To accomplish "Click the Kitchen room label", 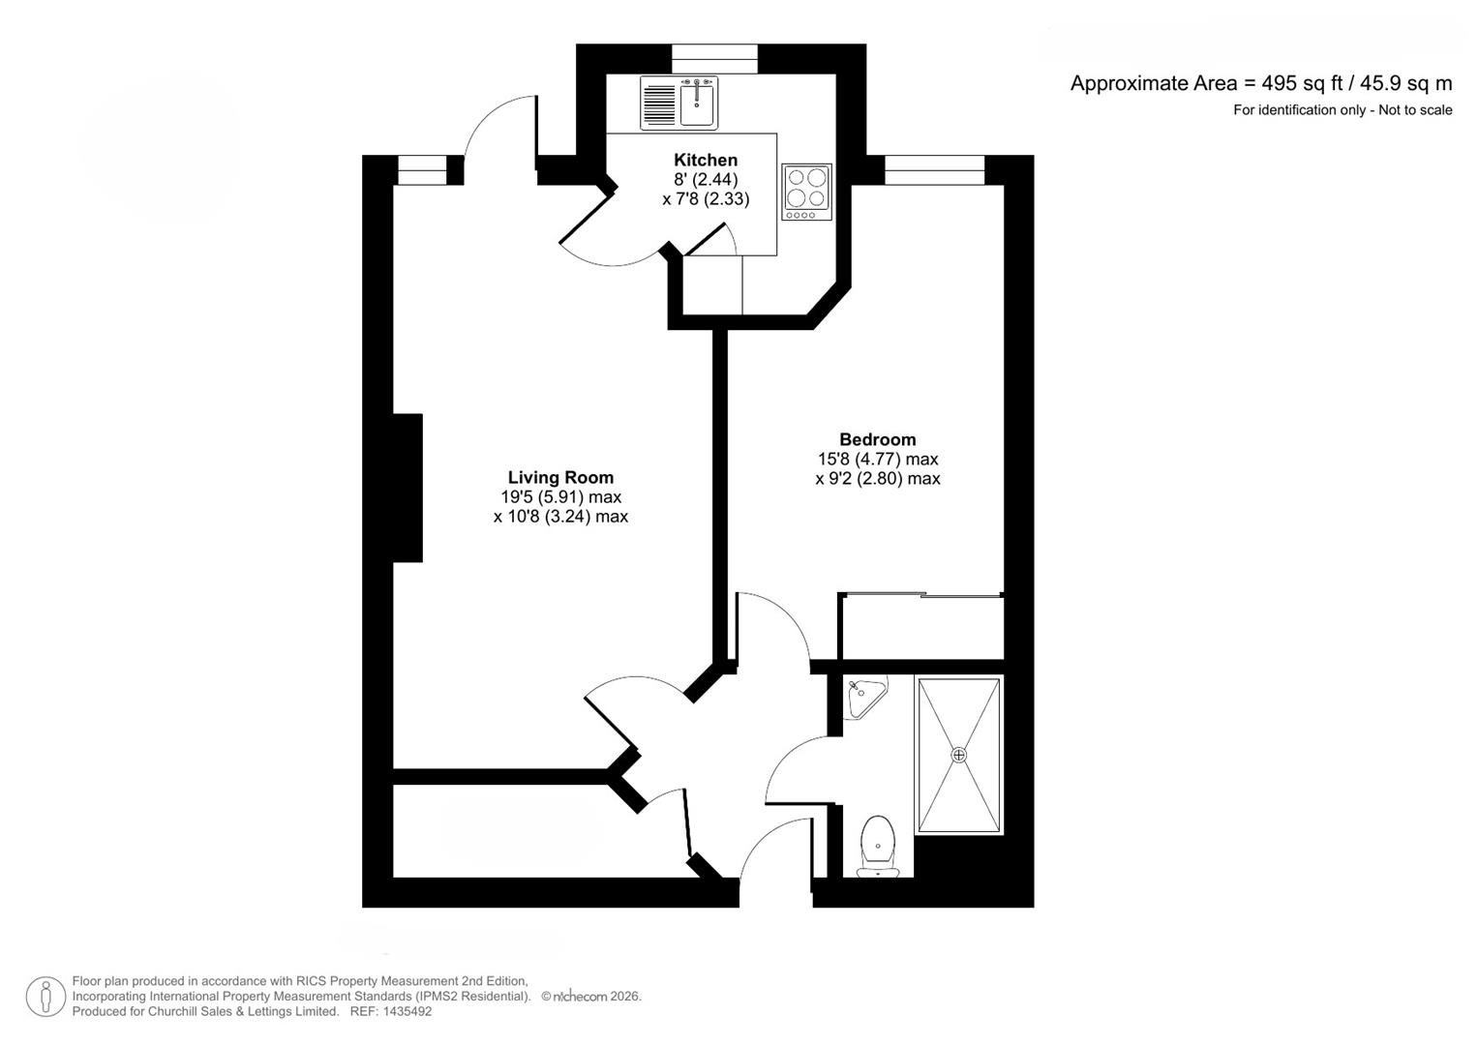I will pos(706,160).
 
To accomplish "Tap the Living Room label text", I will pos(560,477).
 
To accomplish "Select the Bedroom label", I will pos(877,439).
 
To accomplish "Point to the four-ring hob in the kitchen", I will pos(806,192).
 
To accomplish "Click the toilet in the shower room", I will pos(878,847).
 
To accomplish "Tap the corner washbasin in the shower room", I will pos(862,697).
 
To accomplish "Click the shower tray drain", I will pos(959,755).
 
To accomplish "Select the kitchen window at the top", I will pos(714,60).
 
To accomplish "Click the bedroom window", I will pos(934,170).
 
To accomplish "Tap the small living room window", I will pos(422,170).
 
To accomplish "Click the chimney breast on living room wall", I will pos(407,488).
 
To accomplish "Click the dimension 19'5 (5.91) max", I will pos(560,497).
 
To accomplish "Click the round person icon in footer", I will pos(45,997).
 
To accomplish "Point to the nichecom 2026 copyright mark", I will pos(590,997).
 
